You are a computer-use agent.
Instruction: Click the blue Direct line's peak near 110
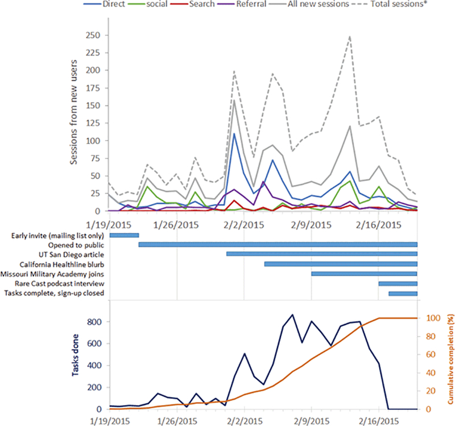(x=234, y=134)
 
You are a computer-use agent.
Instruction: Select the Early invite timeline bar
(x=124, y=235)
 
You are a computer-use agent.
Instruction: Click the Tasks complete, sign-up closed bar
(x=403, y=293)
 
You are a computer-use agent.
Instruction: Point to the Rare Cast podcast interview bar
(x=398, y=284)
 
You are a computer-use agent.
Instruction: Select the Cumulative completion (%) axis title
(x=449, y=353)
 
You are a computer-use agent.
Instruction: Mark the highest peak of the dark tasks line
(x=292, y=314)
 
